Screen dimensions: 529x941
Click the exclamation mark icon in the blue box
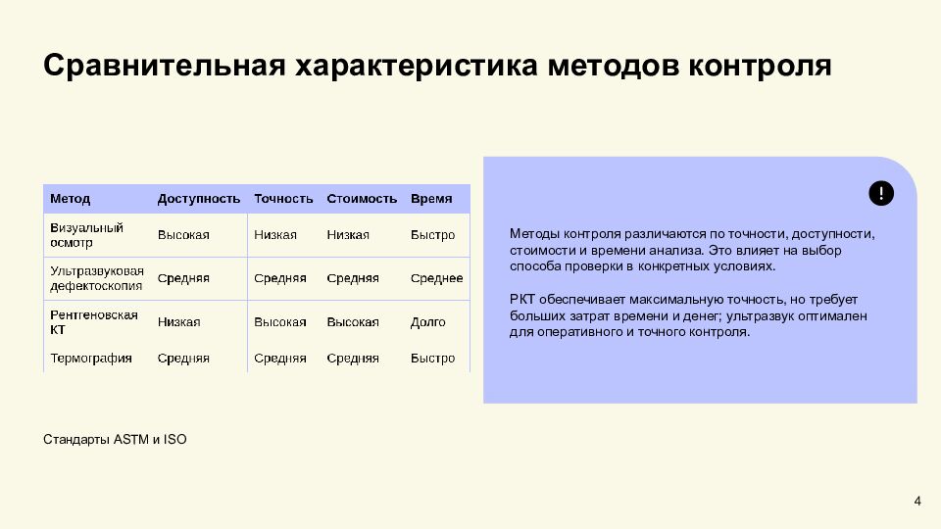pos(881,193)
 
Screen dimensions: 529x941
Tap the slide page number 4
pos(917,503)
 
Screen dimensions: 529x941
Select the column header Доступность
pos(199,199)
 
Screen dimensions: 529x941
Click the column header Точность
pos(283,199)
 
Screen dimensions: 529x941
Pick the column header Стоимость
pos(362,199)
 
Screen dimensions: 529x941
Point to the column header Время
pos(431,199)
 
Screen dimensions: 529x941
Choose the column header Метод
pos(71,199)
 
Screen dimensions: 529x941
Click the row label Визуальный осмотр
pos(86,235)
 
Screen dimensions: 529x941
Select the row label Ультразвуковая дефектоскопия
pos(96,278)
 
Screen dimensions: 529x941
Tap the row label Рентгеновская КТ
pos(93,322)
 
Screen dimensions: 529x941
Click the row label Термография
pos(91,359)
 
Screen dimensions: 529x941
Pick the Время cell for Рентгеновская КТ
pos(427,322)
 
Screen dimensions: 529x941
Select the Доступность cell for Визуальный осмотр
pos(183,235)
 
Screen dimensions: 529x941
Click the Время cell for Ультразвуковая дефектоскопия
pos(436,278)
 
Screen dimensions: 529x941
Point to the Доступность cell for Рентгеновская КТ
pos(178,322)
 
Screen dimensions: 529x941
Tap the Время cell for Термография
pos(432,359)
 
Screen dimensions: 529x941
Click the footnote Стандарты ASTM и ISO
pos(115,440)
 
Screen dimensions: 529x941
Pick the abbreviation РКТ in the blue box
pos(521,300)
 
